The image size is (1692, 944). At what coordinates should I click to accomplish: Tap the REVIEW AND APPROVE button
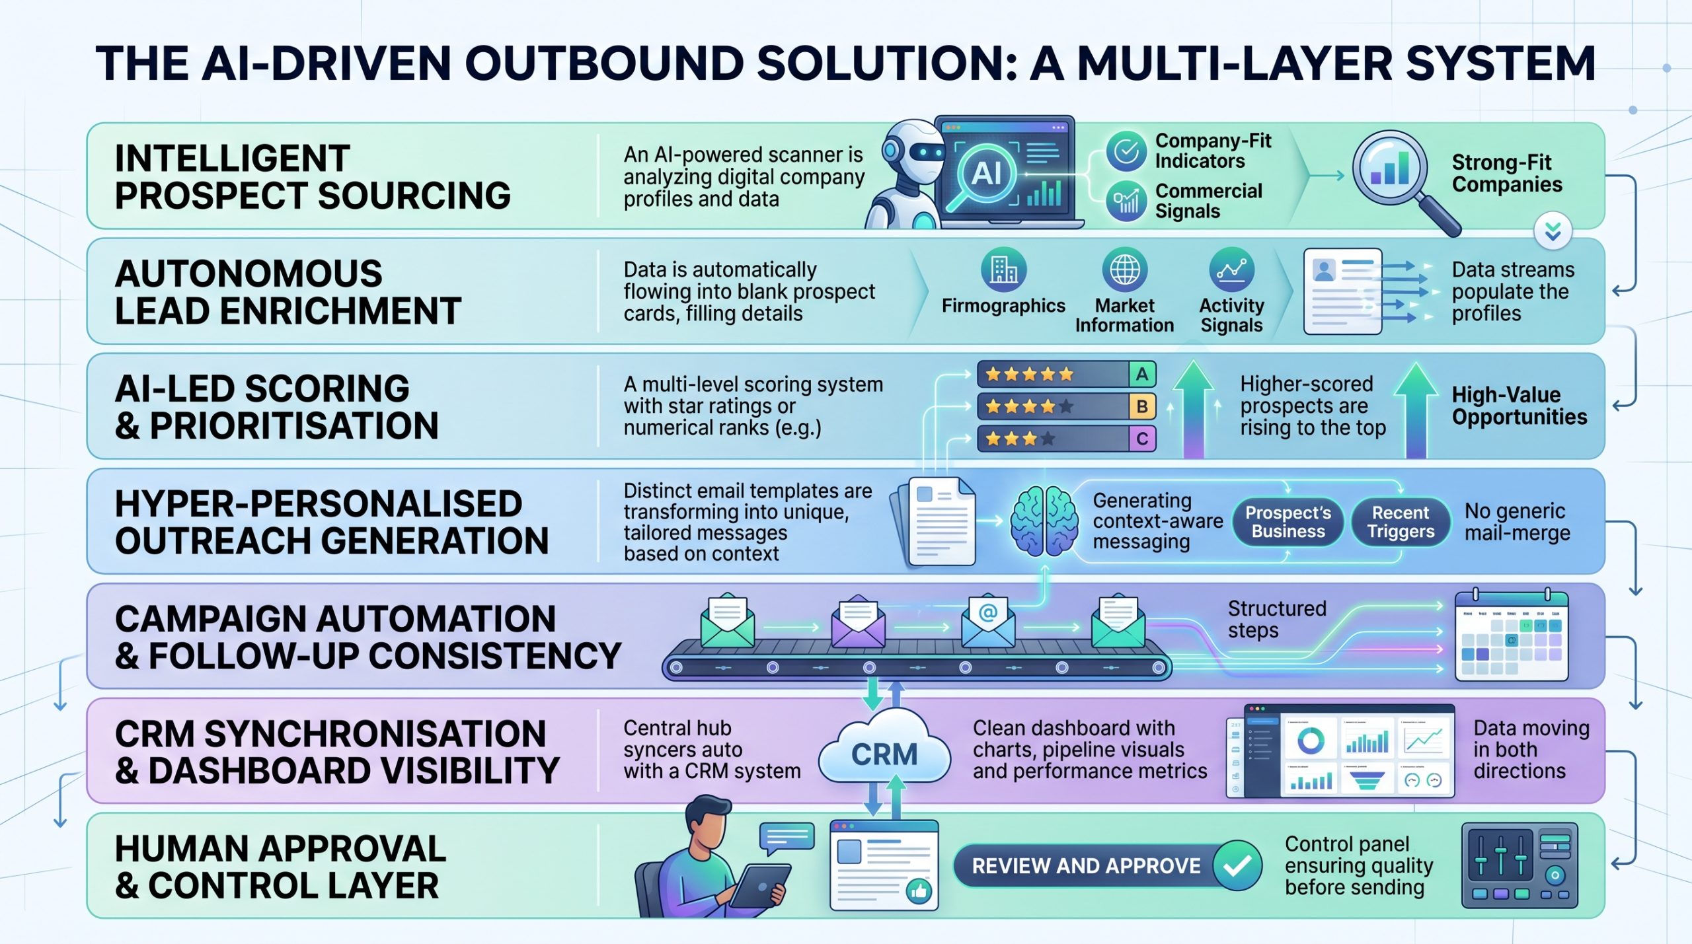pyautogui.click(x=1086, y=865)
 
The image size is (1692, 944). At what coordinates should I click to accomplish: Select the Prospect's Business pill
pyautogui.click(x=1288, y=522)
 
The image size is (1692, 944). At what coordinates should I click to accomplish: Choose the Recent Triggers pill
pyautogui.click(x=1401, y=522)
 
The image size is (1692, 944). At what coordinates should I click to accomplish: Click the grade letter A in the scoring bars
pyautogui.click(x=1141, y=375)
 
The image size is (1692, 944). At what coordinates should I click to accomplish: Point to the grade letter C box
pyautogui.click(x=1141, y=439)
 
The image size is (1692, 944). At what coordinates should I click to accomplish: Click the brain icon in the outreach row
pyautogui.click(x=1043, y=521)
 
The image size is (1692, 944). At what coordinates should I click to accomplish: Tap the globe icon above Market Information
pyautogui.click(x=1124, y=270)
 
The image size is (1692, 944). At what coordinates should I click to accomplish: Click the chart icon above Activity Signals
pyautogui.click(x=1231, y=270)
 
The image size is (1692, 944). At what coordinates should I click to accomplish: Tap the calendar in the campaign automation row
pyautogui.click(x=1511, y=637)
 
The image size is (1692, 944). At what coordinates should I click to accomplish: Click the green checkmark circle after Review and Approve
pyautogui.click(x=1237, y=865)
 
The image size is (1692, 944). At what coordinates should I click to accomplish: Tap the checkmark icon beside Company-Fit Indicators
pyautogui.click(x=1126, y=151)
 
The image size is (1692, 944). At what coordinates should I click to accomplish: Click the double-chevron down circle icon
pyautogui.click(x=1553, y=231)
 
